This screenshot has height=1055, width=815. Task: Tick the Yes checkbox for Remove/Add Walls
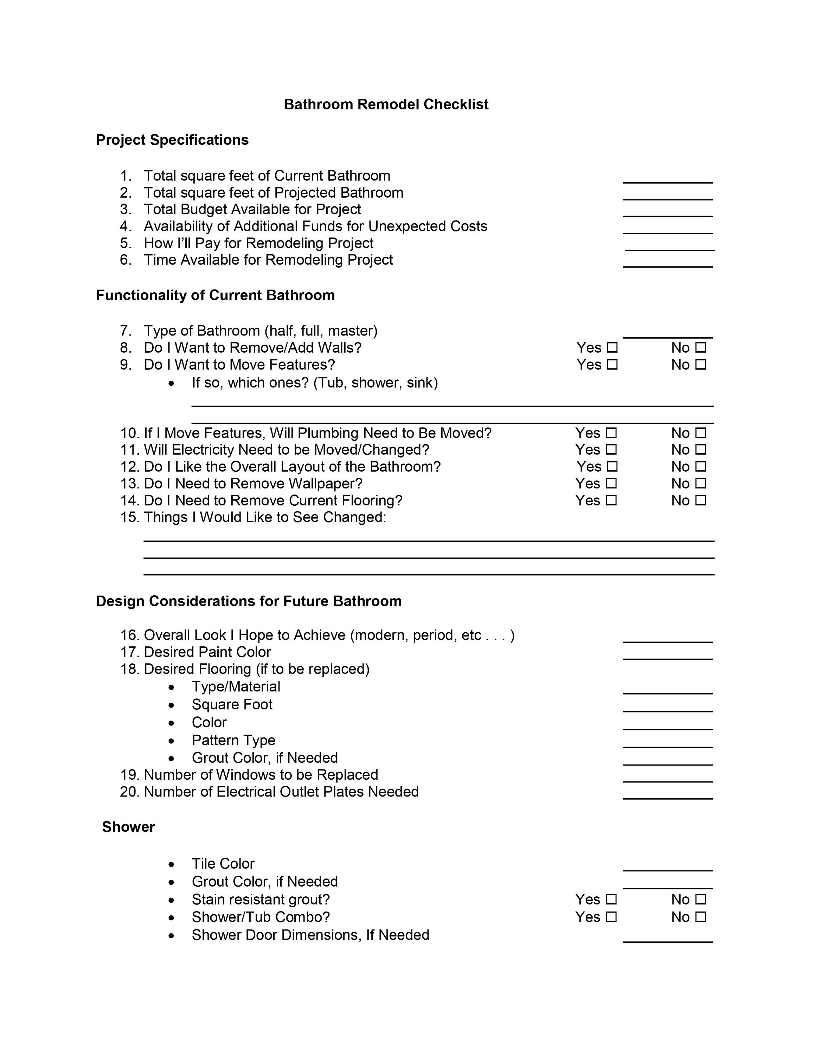[x=612, y=347]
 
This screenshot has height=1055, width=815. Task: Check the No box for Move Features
[x=701, y=364]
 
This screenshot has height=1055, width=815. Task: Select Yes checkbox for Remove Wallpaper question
[x=611, y=483]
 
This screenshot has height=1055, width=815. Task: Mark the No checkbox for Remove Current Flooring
[x=701, y=500]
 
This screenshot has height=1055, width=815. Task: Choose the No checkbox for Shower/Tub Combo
[x=701, y=916]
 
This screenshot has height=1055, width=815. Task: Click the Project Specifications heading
[x=172, y=140]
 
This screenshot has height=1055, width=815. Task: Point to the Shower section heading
[x=128, y=827]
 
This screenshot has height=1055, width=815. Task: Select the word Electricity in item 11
[x=203, y=450]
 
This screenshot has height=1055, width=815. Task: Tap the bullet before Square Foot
[x=171, y=705]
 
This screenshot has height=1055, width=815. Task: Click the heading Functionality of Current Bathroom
[x=215, y=295]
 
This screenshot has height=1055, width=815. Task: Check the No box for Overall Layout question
[x=701, y=466]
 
